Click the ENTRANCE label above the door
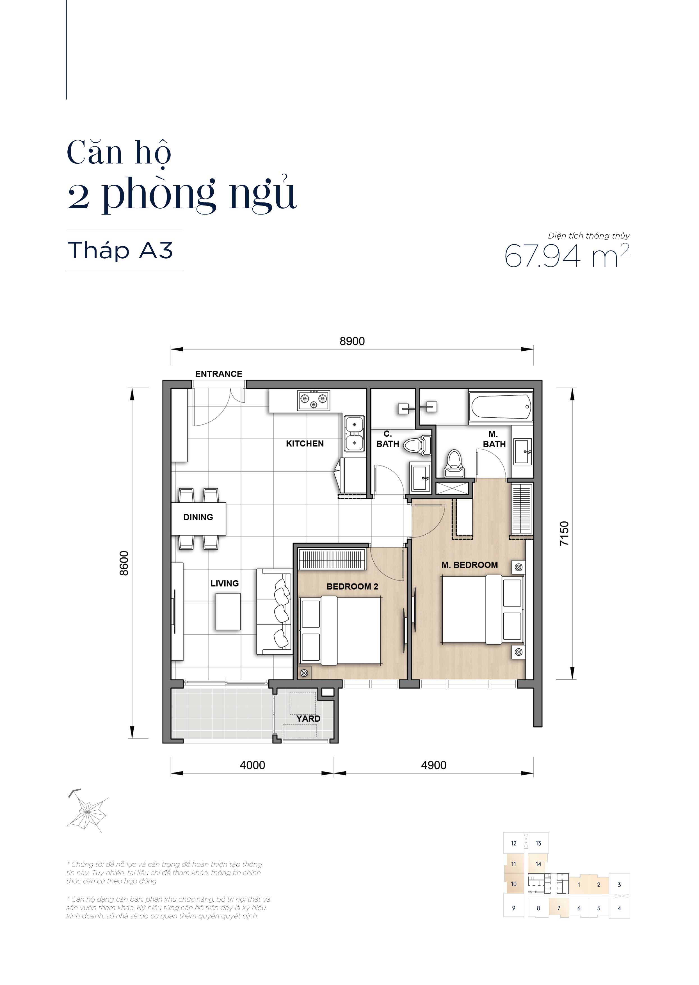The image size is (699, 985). [219, 374]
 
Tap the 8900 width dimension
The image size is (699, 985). [352, 341]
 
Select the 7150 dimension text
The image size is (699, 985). [564, 533]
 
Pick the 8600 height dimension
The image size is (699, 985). [124, 563]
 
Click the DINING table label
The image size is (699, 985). [198, 517]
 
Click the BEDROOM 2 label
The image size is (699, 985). [352, 586]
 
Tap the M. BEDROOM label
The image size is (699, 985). [470, 565]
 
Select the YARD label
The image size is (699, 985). [308, 719]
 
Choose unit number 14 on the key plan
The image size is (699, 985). [538, 864]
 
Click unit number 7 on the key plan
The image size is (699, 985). [559, 908]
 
